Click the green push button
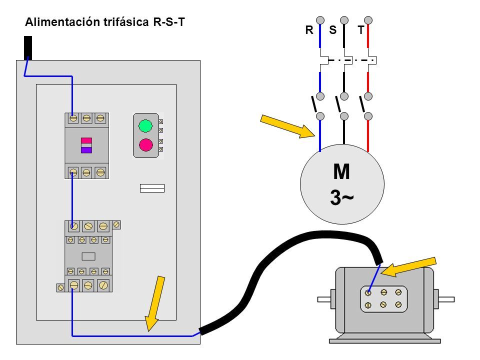tap(145, 126)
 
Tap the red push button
tap(145, 145)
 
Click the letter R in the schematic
tap(309, 30)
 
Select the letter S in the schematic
tap(333, 30)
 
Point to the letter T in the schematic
tap(361, 30)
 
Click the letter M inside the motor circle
tap(341, 171)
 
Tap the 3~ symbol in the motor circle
tap(341, 197)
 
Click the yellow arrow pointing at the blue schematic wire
tap(287, 126)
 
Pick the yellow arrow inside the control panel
tap(154, 303)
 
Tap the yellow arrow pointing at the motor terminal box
tap(408, 267)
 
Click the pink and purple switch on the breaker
tap(86, 145)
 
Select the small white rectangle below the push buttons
tap(152, 188)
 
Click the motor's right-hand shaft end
tap(446, 299)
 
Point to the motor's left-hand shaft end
tap(324, 299)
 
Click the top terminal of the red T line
tap(368, 20)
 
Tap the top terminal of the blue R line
tap(320, 20)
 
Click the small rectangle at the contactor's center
tap(88, 256)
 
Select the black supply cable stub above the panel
tap(28, 48)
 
